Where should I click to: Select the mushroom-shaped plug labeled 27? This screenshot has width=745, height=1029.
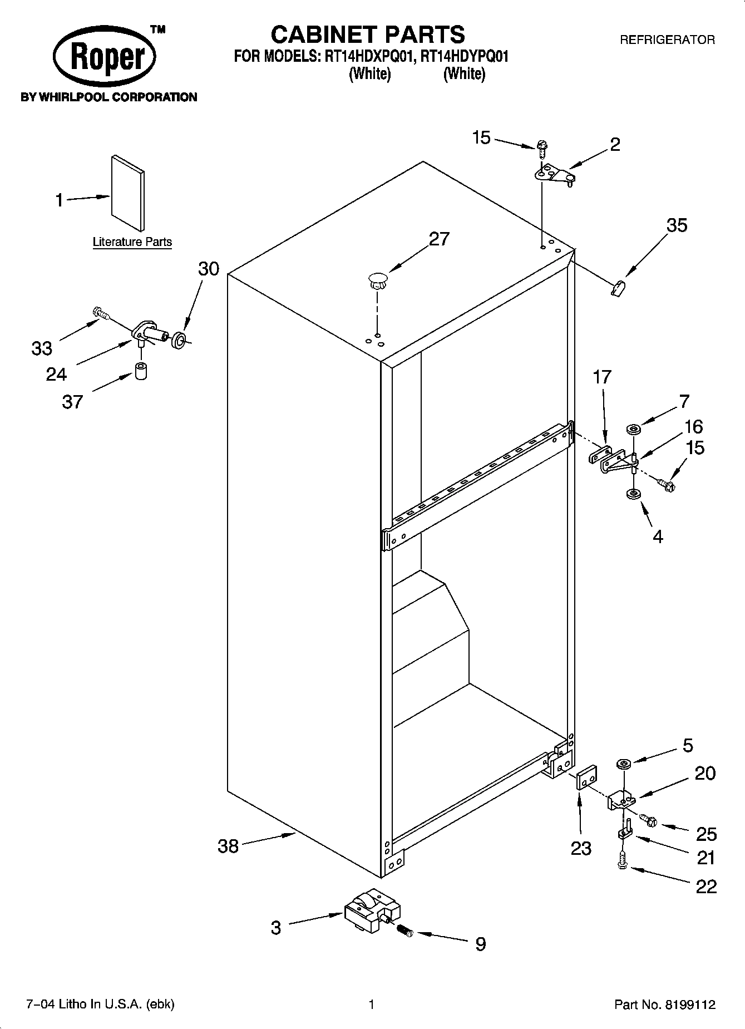tap(377, 279)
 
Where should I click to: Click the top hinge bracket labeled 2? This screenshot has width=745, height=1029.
tap(555, 175)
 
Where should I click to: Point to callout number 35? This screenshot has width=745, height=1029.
tap(677, 225)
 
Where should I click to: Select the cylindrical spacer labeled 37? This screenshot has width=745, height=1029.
tap(141, 371)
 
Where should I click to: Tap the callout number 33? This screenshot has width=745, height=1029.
tap(41, 349)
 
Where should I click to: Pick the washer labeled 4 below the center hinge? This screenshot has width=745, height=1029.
tap(633, 494)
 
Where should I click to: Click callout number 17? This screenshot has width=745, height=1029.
tap(601, 377)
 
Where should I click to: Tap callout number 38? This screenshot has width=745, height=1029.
tap(228, 846)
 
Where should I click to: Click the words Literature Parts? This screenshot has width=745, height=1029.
tap(132, 242)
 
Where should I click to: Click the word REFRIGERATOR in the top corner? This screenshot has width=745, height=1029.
tap(667, 40)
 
